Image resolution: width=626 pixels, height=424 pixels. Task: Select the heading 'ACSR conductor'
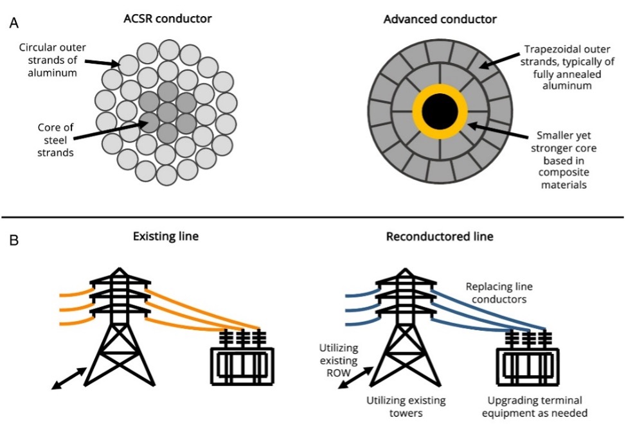[x=168, y=18]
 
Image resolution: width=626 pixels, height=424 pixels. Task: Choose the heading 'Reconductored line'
[x=440, y=236]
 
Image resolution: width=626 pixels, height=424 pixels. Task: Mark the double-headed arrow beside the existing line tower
[x=69, y=377]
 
